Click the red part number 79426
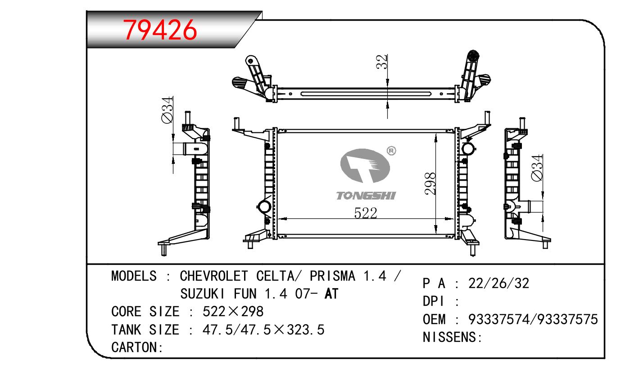[160, 30]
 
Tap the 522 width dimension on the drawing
[366, 213]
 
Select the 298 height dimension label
[431, 183]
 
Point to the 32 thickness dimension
[382, 62]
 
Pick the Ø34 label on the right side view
[537, 168]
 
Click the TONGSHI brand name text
[366, 196]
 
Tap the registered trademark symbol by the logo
[391, 151]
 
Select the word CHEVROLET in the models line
[214, 276]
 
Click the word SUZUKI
[203, 294]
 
